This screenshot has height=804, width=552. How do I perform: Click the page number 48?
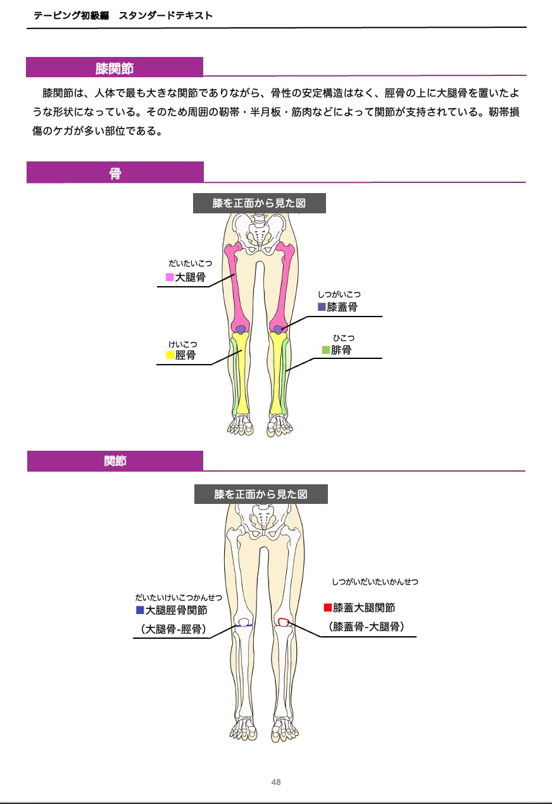[x=276, y=782]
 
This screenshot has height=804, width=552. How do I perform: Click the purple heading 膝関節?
[x=115, y=68]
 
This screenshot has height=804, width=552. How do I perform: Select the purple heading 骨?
[x=115, y=173]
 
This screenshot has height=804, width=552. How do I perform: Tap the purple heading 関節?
[x=115, y=461]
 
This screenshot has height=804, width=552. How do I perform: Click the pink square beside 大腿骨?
[x=170, y=277]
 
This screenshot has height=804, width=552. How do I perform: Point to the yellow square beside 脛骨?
[x=170, y=355]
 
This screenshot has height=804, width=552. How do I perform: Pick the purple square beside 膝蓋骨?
[x=322, y=307]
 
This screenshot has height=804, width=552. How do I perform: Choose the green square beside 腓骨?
[x=325, y=349]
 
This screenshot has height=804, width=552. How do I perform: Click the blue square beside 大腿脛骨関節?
[x=140, y=610]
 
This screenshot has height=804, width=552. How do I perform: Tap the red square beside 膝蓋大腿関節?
[x=327, y=608]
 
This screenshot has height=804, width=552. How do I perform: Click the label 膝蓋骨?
[x=342, y=307]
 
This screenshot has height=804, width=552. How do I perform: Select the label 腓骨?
[x=341, y=349]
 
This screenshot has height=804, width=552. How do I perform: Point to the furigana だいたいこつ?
[x=190, y=263]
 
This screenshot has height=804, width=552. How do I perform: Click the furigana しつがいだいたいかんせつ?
[x=375, y=582]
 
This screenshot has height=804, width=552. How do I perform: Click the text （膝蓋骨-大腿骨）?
[x=367, y=627]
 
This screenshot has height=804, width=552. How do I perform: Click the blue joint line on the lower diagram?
[x=243, y=625]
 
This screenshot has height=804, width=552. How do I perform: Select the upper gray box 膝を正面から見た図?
[x=259, y=203]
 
